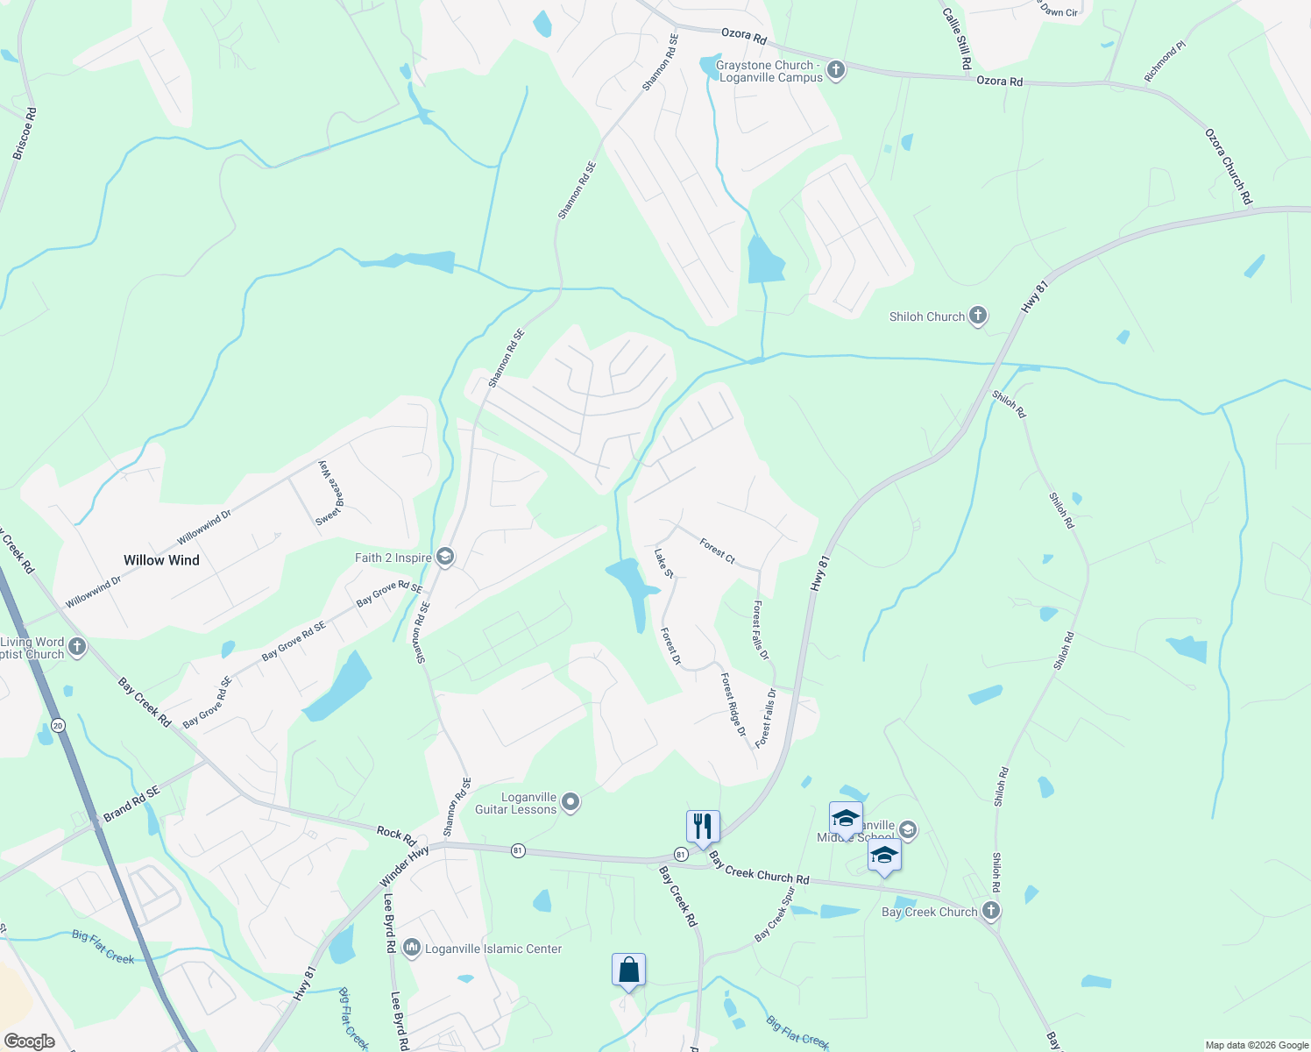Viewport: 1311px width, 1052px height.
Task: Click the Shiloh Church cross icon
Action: click(x=978, y=316)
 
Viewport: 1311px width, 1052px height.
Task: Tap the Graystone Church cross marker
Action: click(x=835, y=70)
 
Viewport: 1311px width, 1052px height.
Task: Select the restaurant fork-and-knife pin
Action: click(x=703, y=827)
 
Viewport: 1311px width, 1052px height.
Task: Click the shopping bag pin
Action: click(x=628, y=970)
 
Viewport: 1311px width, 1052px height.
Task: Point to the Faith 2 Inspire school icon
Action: click(x=445, y=557)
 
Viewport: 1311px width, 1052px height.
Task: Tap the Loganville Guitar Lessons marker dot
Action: click(x=570, y=802)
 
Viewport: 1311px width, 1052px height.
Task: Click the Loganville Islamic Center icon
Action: click(x=412, y=948)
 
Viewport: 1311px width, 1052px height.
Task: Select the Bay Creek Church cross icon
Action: click(x=991, y=911)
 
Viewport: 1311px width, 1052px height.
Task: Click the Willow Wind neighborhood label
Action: click(x=161, y=560)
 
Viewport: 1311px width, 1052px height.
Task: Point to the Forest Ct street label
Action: click(x=718, y=551)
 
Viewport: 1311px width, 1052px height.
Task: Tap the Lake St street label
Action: click(x=663, y=564)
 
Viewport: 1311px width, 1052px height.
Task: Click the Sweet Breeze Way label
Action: click(x=327, y=493)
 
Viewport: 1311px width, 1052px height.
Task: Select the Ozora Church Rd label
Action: click(x=1229, y=167)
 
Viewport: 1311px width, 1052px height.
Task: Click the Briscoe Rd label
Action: click(x=25, y=133)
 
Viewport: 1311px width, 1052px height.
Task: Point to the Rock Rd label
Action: click(x=396, y=835)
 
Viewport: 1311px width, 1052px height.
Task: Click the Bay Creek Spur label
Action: click(x=776, y=913)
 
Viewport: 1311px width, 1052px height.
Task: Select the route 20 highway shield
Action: click(x=58, y=725)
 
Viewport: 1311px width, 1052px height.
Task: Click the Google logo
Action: click(x=29, y=1041)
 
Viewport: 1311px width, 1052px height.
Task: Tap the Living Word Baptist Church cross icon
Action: click(x=77, y=648)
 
